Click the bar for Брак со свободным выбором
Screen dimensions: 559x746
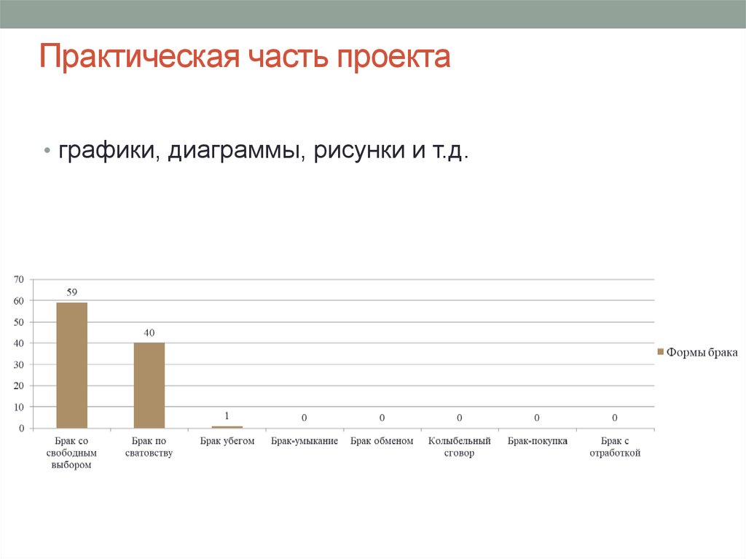tap(71, 365)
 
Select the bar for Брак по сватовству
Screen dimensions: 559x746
tap(149, 385)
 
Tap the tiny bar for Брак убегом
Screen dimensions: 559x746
tap(227, 427)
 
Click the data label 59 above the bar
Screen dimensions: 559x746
tap(72, 292)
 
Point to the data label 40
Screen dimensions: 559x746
tap(149, 332)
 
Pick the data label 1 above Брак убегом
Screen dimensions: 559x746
tap(227, 416)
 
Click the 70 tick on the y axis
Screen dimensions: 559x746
tap(19, 279)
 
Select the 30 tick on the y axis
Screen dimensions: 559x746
tap(19, 364)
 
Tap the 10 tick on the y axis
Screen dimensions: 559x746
tap(19, 407)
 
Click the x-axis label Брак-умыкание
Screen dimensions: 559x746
tap(305, 441)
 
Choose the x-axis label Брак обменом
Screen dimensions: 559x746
tap(382, 441)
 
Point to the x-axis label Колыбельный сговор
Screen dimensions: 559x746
tap(460, 447)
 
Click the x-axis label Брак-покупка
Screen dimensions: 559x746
tap(537, 441)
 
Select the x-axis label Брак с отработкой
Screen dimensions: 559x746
tap(614, 447)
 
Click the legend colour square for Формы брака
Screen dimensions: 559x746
tap(661, 352)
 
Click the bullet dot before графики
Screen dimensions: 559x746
tap(47, 153)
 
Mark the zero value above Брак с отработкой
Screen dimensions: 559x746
tap(615, 418)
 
